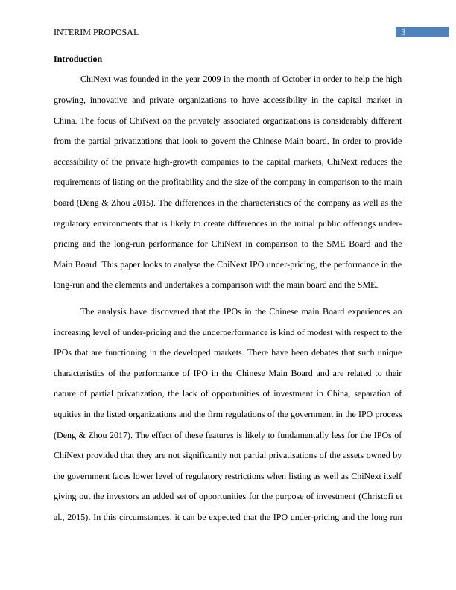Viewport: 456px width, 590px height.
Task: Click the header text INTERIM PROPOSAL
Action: tap(96, 33)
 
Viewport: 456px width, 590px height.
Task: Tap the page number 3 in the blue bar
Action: tap(403, 32)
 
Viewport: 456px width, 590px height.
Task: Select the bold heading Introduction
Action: tap(78, 59)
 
